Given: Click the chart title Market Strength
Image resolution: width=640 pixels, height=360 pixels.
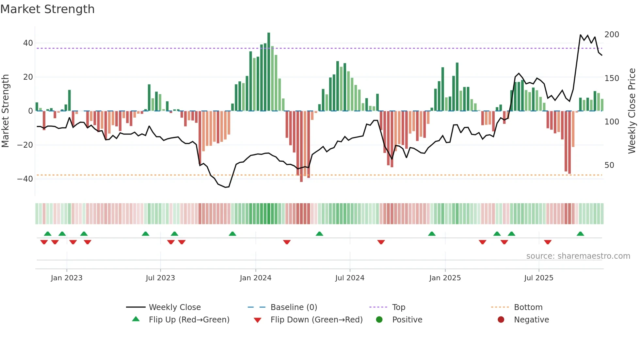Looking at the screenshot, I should click(47, 9).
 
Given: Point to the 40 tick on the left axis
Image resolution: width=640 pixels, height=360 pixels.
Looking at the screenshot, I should click(28, 43).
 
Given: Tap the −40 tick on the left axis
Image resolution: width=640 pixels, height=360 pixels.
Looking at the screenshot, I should click(25, 179).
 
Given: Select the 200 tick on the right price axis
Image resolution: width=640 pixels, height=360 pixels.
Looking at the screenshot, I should click(612, 35).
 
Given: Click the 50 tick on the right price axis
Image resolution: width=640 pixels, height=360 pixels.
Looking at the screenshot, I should click(609, 165).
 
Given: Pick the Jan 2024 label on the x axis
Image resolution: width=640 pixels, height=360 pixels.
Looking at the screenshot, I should click(255, 278).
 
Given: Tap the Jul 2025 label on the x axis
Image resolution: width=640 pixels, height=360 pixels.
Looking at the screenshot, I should click(538, 278).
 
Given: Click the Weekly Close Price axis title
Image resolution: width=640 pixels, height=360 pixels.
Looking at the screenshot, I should click(632, 111).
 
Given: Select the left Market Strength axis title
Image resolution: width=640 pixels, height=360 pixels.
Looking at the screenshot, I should click(6, 111).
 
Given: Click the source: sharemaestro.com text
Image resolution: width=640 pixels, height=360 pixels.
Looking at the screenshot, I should click(578, 256).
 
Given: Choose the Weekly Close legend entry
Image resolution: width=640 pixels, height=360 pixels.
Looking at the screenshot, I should click(175, 307).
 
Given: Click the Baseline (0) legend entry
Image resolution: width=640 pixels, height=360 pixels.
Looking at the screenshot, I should click(294, 307).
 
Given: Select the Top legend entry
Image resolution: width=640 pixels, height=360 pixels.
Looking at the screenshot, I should click(398, 307).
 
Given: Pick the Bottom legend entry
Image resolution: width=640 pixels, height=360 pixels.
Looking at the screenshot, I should click(528, 307).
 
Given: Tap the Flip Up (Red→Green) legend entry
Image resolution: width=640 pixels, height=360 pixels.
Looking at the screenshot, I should click(189, 320).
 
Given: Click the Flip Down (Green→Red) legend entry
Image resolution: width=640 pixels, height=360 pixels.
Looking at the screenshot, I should click(316, 320).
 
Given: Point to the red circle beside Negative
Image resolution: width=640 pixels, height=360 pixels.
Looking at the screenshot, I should click(501, 320).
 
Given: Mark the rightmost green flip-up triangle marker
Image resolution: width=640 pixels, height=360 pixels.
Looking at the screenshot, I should click(580, 234).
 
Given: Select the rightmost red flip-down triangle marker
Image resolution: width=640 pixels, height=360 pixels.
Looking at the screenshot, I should click(548, 242).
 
